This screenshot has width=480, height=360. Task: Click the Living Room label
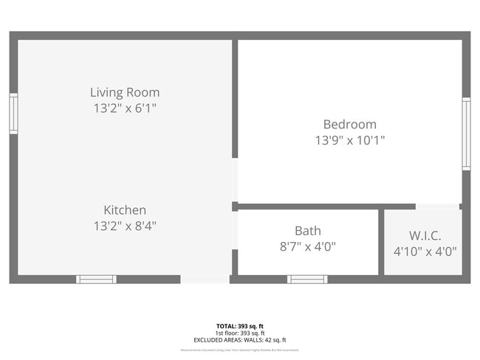[125, 92]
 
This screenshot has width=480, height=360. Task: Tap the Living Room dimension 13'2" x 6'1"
[125, 108]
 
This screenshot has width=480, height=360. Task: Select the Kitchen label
[125, 210]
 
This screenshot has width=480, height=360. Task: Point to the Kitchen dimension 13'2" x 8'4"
[125, 226]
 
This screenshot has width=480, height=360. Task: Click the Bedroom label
[349, 124]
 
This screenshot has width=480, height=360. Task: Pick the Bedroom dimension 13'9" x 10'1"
[349, 139]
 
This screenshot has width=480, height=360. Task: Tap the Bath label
[307, 231]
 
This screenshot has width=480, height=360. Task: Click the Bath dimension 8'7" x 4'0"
[307, 247]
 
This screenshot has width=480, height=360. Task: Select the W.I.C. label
[425, 235]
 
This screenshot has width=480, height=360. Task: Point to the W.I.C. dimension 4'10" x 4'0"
[425, 252]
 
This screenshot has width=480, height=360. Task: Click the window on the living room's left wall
[13, 114]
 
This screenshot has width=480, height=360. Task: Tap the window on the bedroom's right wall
[466, 134]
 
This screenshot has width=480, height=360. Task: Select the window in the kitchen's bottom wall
[97, 279]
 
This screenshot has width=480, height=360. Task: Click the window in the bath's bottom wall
[306, 279]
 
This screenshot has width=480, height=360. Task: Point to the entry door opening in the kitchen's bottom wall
[205, 279]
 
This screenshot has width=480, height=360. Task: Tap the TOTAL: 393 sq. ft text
[239, 325]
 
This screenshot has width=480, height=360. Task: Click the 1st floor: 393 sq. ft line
[239, 332]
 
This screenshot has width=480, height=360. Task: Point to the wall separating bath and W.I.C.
[381, 242]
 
